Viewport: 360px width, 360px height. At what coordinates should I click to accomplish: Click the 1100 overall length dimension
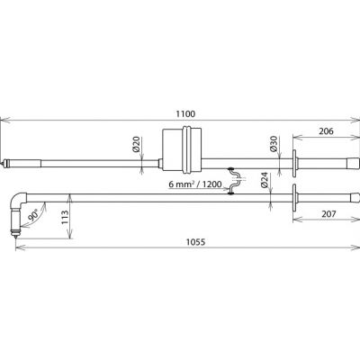tap(185, 114)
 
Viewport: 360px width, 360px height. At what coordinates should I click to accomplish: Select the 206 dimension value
tap(326, 131)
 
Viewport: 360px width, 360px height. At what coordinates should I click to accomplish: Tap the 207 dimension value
tap(328, 214)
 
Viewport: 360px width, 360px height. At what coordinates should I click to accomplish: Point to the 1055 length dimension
tap(195, 242)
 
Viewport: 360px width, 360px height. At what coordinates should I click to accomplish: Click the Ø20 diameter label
tap(137, 144)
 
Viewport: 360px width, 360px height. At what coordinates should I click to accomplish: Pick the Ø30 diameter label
tap(274, 143)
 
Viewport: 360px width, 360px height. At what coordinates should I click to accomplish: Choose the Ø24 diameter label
tap(264, 180)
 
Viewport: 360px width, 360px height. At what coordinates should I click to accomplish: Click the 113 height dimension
tap(65, 217)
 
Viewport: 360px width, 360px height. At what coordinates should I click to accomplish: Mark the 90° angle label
tap(33, 215)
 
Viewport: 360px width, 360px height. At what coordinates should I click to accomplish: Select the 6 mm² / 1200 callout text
tap(194, 184)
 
